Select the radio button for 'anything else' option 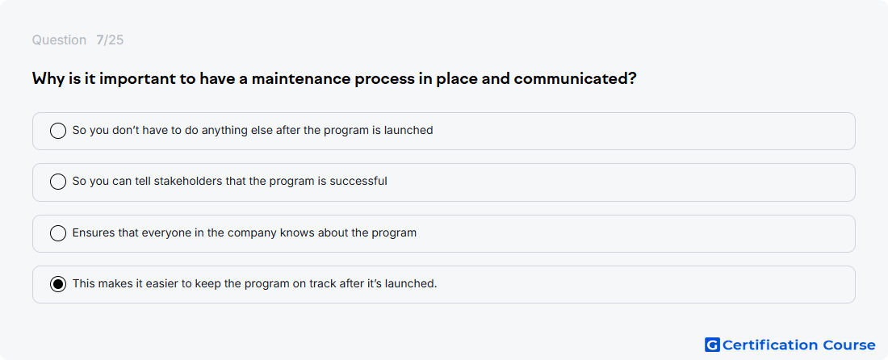pyautogui.click(x=58, y=131)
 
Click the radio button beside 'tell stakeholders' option pyautogui.click(x=58, y=182)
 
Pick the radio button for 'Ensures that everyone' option pyautogui.click(x=58, y=233)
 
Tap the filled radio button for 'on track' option pyautogui.click(x=58, y=284)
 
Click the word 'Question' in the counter pyautogui.click(x=59, y=40)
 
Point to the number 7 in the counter pyautogui.click(x=99, y=40)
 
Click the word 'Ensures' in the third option pyautogui.click(x=90, y=232)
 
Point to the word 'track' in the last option pyautogui.click(x=323, y=283)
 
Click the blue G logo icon pyautogui.click(x=712, y=345)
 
